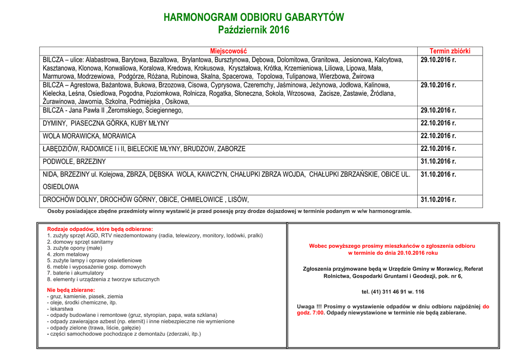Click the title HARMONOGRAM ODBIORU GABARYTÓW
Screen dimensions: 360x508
pyautogui.click(x=254, y=17)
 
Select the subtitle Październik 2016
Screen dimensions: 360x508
pyautogui.click(x=254, y=30)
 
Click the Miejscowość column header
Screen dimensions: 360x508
pyautogui.click(x=228, y=51)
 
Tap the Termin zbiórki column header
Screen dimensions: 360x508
pyautogui.click(x=449, y=51)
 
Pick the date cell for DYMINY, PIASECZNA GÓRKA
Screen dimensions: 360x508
pyautogui.click(x=438, y=123)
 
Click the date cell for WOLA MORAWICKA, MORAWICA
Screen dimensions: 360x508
pyautogui.click(x=438, y=136)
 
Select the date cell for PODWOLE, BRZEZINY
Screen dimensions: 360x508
pyautogui.click(x=438, y=161)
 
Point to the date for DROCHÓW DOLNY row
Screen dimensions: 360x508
pyautogui.click(x=438, y=200)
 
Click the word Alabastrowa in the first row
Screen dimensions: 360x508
pyautogui.click(x=102, y=60)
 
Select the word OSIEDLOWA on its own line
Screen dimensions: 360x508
pyautogui.click(x=61, y=187)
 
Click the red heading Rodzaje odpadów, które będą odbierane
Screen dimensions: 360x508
pyautogui.click(x=100, y=229)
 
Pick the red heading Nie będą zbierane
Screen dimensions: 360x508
pyautogui.click(x=70, y=290)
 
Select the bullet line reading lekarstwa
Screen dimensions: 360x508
pyautogui.click(x=61, y=309)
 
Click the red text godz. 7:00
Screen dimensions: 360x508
pyautogui.click(x=311, y=313)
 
